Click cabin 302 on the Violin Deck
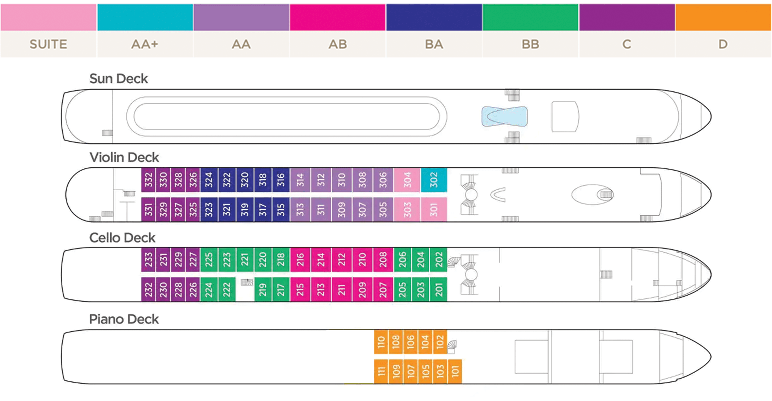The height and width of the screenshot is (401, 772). pyautogui.click(x=434, y=180)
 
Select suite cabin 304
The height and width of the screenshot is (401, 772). pyautogui.click(x=407, y=180)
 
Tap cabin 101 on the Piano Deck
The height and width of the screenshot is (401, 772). pyautogui.click(x=455, y=372)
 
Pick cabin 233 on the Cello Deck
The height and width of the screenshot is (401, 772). pyautogui.click(x=148, y=260)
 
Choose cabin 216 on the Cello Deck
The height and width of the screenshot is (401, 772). pyautogui.click(x=300, y=260)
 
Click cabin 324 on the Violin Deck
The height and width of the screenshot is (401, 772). pyautogui.click(x=209, y=180)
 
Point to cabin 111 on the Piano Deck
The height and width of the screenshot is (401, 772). pyautogui.click(x=381, y=372)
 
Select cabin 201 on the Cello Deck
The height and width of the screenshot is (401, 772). pyautogui.click(x=439, y=290)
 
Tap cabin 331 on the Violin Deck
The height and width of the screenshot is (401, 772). pyautogui.click(x=148, y=210)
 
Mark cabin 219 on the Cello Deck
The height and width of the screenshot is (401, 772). pyautogui.click(x=263, y=290)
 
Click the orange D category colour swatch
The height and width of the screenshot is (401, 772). pyautogui.click(x=723, y=17)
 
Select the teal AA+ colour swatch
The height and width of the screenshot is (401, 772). pyautogui.click(x=145, y=17)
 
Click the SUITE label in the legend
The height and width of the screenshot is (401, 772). pyautogui.click(x=48, y=44)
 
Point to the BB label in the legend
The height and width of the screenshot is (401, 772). pyautogui.click(x=530, y=44)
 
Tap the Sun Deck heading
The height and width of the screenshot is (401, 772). pyautogui.click(x=119, y=79)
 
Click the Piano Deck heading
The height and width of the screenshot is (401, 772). pyautogui.click(x=124, y=319)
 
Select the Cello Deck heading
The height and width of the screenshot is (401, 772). pyautogui.click(x=122, y=238)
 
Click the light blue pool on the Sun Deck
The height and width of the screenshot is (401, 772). pyautogui.click(x=505, y=117)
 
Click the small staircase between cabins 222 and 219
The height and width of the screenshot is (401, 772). pyautogui.click(x=247, y=282)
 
